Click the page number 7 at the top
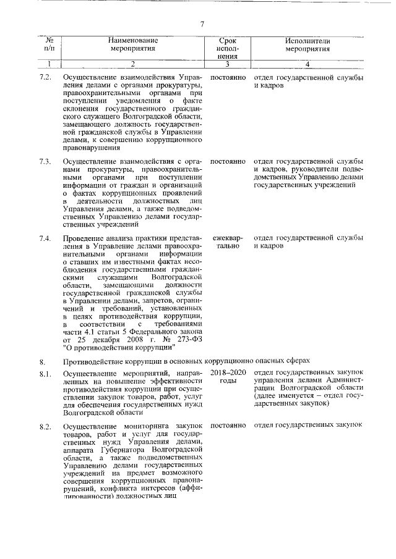click(202, 24)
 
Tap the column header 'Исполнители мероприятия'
click(308, 44)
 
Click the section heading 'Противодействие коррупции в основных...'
click(186, 360)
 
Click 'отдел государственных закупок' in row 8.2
click(308, 426)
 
